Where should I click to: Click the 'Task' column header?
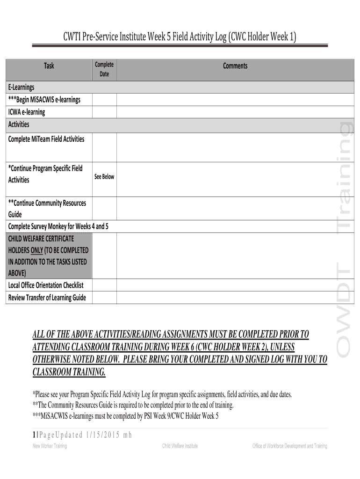click(x=49, y=66)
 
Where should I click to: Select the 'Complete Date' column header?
click(x=104, y=69)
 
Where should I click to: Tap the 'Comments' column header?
click(x=235, y=66)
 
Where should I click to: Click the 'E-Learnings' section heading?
click(x=22, y=87)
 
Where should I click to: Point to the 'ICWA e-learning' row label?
click(x=27, y=112)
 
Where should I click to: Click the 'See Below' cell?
click(x=104, y=177)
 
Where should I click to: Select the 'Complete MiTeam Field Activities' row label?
click(x=46, y=139)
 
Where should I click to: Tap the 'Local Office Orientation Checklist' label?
click(x=46, y=285)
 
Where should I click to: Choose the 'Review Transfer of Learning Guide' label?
click(x=47, y=298)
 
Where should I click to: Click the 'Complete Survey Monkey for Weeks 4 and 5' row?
click(x=58, y=226)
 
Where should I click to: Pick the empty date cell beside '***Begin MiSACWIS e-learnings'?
click(x=104, y=100)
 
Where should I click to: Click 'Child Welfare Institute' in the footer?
click(x=180, y=446)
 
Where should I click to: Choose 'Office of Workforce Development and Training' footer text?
click(x=289, y=446)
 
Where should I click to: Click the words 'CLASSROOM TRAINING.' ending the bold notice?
click(x=69, y=372)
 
